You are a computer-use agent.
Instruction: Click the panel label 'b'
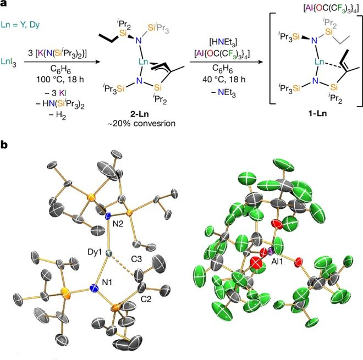4,147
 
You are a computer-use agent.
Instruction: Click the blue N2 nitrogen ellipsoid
108,216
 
